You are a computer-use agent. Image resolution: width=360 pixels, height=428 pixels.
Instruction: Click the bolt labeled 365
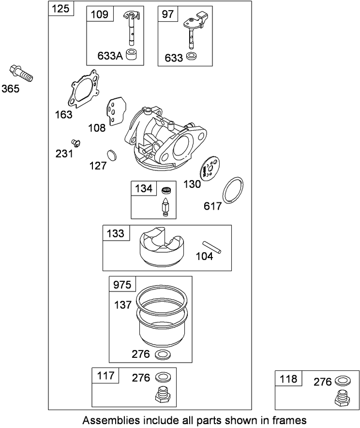20,73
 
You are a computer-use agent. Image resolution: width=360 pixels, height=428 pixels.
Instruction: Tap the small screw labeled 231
75,142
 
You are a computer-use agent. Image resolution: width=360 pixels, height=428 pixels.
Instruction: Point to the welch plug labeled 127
112,155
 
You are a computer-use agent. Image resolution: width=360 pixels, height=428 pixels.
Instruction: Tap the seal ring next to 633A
131,55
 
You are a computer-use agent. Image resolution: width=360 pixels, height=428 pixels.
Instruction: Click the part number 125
61,9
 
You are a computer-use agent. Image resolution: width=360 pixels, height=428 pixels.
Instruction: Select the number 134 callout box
143,189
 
